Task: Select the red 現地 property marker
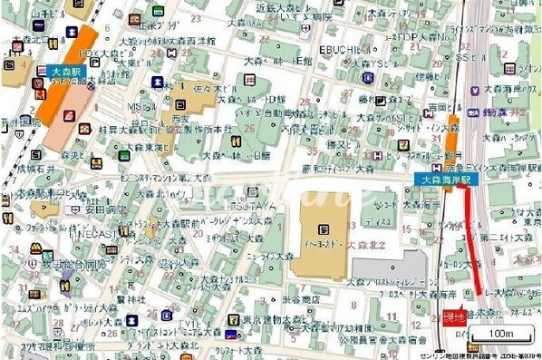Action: pyautogui.click(x=454, y=317)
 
